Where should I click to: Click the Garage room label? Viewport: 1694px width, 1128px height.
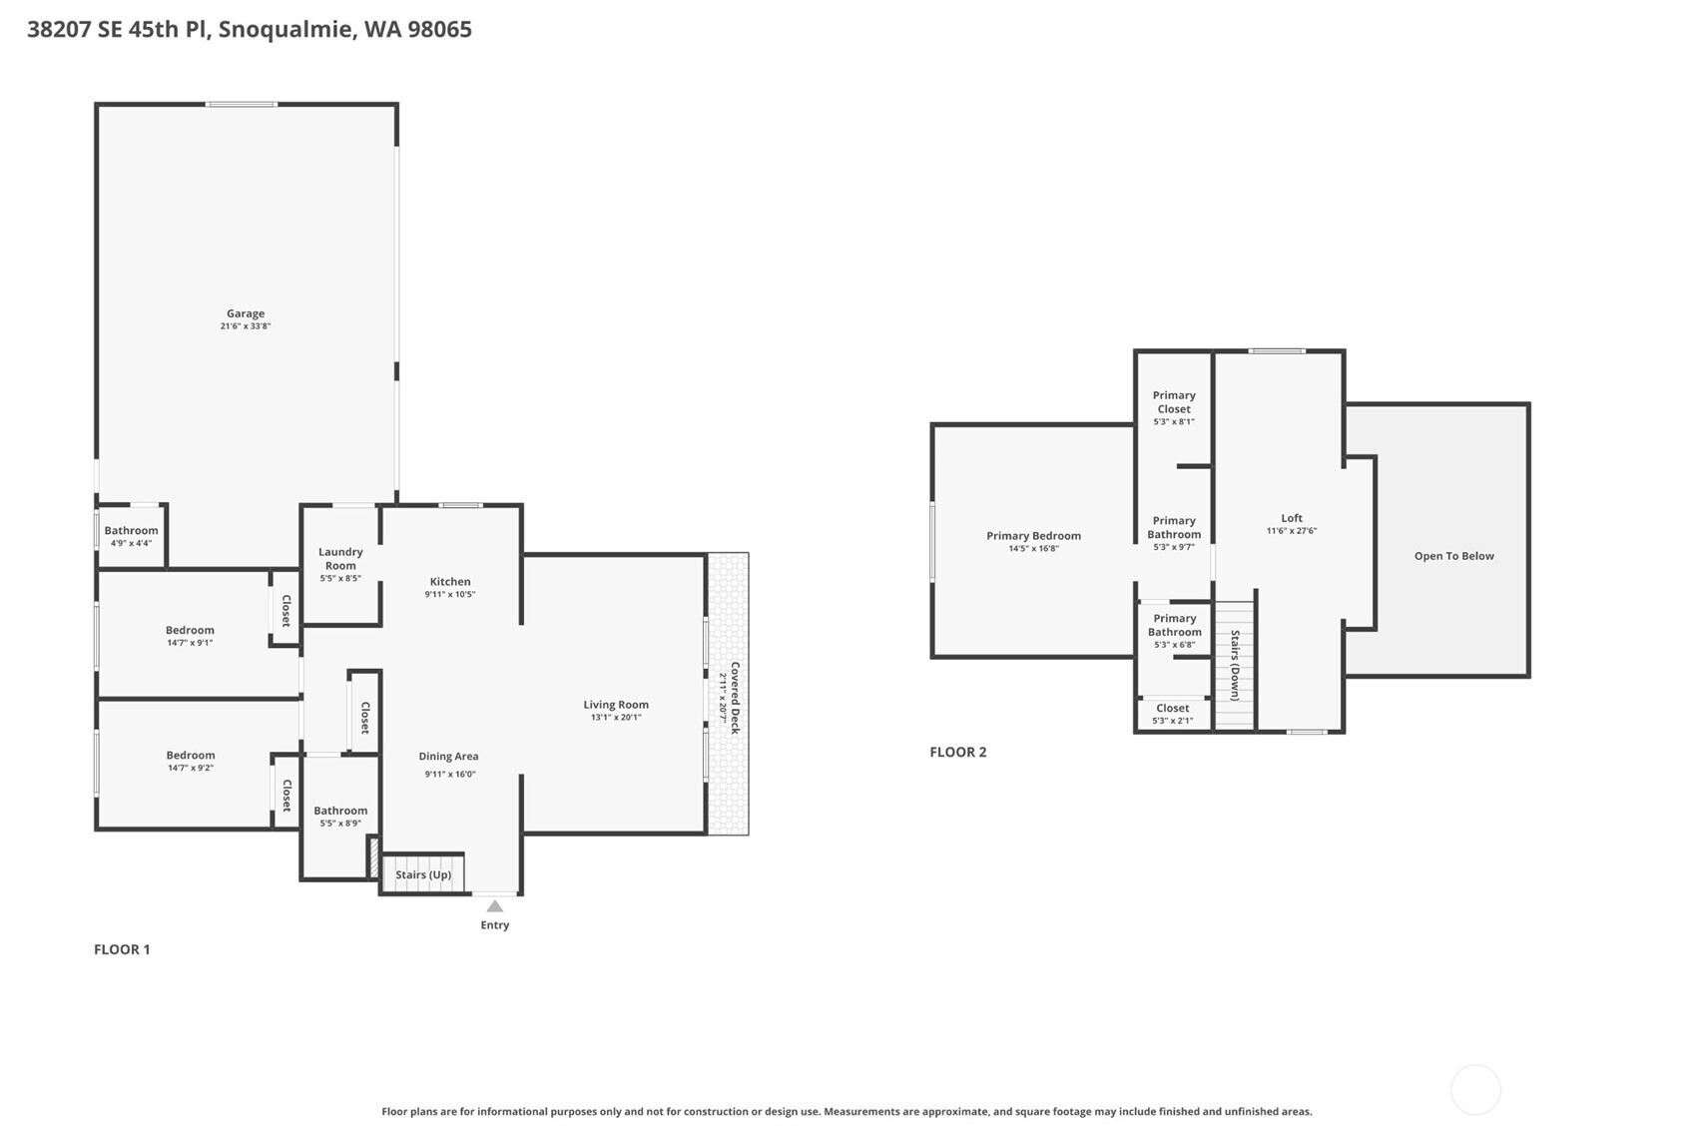tap(246, 313)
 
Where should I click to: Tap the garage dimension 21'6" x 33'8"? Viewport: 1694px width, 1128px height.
tap(246, 326)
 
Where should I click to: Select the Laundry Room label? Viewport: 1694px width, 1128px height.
tap(340, 559)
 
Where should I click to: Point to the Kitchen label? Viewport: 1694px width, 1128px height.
tap(450, 581)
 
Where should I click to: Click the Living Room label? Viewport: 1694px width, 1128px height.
tap(616, 705)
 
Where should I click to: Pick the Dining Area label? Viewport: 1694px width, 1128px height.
tap(448, 756)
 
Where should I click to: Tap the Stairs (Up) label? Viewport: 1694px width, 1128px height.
tap(423, 874)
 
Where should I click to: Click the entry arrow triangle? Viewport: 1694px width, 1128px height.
tap(494, 905)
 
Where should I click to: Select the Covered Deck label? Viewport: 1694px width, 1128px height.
tap(735, 698)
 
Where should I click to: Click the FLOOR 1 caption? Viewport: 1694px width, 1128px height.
tap(122, 949)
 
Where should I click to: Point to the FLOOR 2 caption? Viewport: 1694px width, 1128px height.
tap(958, 753)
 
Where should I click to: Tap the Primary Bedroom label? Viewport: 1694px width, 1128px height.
tap(1034, 536)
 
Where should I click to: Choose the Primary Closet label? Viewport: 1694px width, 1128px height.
tap(1174, 402)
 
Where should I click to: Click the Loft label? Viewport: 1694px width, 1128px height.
tap(1292, 518)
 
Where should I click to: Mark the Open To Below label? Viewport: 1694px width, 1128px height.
tap(1454, 556)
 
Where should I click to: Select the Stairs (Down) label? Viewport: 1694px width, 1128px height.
tap(1235, 665)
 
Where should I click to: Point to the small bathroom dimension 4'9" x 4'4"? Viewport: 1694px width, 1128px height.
tap(132, 544)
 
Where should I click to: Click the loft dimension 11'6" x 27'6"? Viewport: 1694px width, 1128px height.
tap(1292, 531)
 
